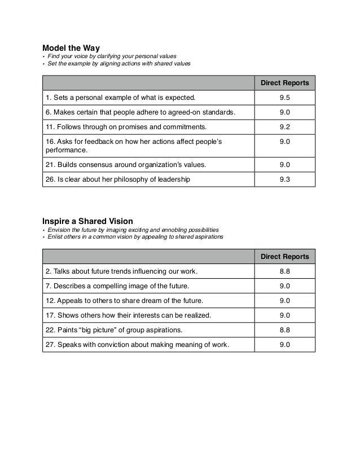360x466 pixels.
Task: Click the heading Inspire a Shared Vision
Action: pyautogui.click(x=87, y=221)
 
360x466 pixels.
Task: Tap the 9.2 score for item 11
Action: pyautogui.click(x=284, y=127)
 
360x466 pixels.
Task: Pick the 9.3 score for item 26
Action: pyautogui.click(x=284, y=179)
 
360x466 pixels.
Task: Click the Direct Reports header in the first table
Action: pyautogui.click(x=284, y=83)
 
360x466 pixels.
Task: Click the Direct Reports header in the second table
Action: pyautogui.click(x=284, y=257)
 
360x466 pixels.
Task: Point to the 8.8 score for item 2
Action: pyautogui.click(x=284, y=271)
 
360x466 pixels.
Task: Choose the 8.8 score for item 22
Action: pyautogui.click(x=284, y=330)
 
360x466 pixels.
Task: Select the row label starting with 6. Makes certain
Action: pyautogui.click(x=139, y=112)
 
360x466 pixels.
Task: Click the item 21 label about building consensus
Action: pyautogui.click(x=126, y=165)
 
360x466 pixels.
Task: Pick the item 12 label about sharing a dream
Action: pyautogui.click(x=124, y=301)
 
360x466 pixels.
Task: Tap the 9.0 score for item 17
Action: pyautogui.click(x=284, y=315)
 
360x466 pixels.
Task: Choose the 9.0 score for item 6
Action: pyautogui.click(x=284, y=112)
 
